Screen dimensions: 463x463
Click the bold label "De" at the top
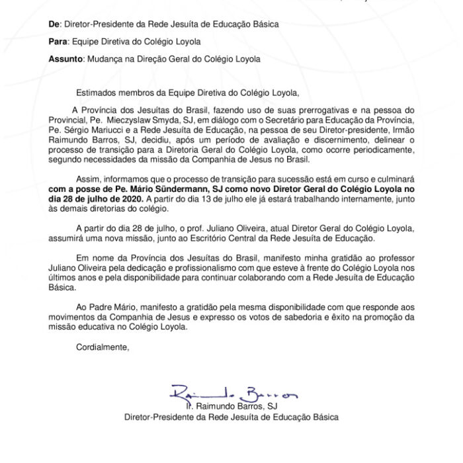point(54,24)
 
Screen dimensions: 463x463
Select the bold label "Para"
point(58,42)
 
